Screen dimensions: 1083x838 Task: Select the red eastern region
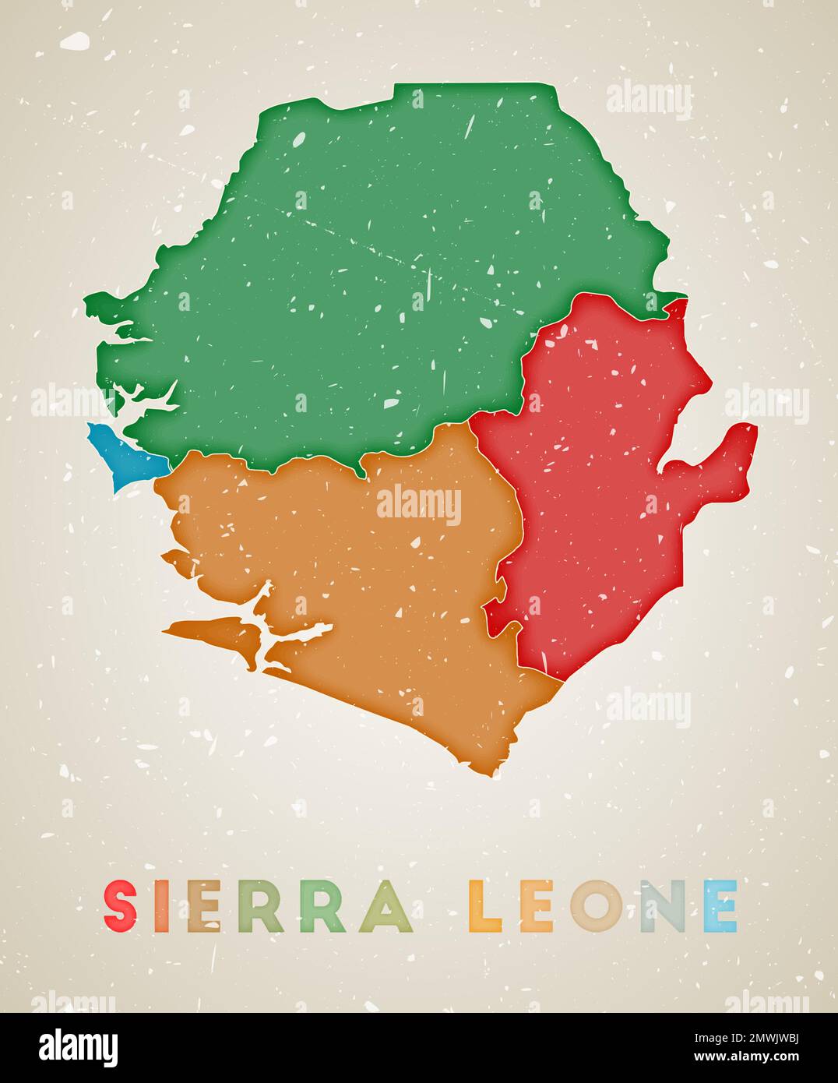click(x=600, y=483)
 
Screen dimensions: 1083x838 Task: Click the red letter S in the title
click(x=121, y=905)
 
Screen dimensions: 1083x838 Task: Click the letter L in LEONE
click(x=487, y=905)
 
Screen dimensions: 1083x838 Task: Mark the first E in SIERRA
click(x=204, y=905)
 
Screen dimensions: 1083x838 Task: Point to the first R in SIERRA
click(x=261, y=905)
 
